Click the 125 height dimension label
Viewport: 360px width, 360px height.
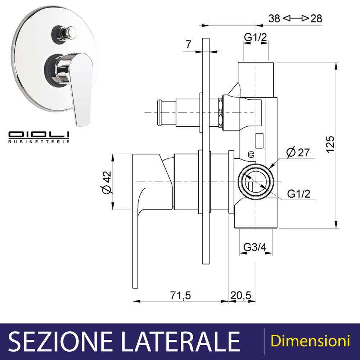pyautogui.click(x=330, y=144)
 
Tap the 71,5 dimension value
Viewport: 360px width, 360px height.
pyautogui.click(x=180, y=295)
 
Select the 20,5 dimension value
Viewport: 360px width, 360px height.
pyautogui.click(x=241, y=295)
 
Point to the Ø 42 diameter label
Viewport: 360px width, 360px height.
pyautogui.click(x=107, y=182)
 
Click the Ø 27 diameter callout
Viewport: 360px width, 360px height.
pyautogui.click(x=298, y=152)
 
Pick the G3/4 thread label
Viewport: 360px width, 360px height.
pyautogui.click(x=255, y=247)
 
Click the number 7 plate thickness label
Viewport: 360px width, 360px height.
pyautogui.click(x=189, y=44)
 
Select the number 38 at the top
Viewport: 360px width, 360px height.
pyautogui.click(x=274, y=18)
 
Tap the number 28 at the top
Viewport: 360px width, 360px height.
pyautogui.click(x=316, y=18)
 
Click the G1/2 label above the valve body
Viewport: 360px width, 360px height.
pyautogui.click(x=256, y=37)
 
